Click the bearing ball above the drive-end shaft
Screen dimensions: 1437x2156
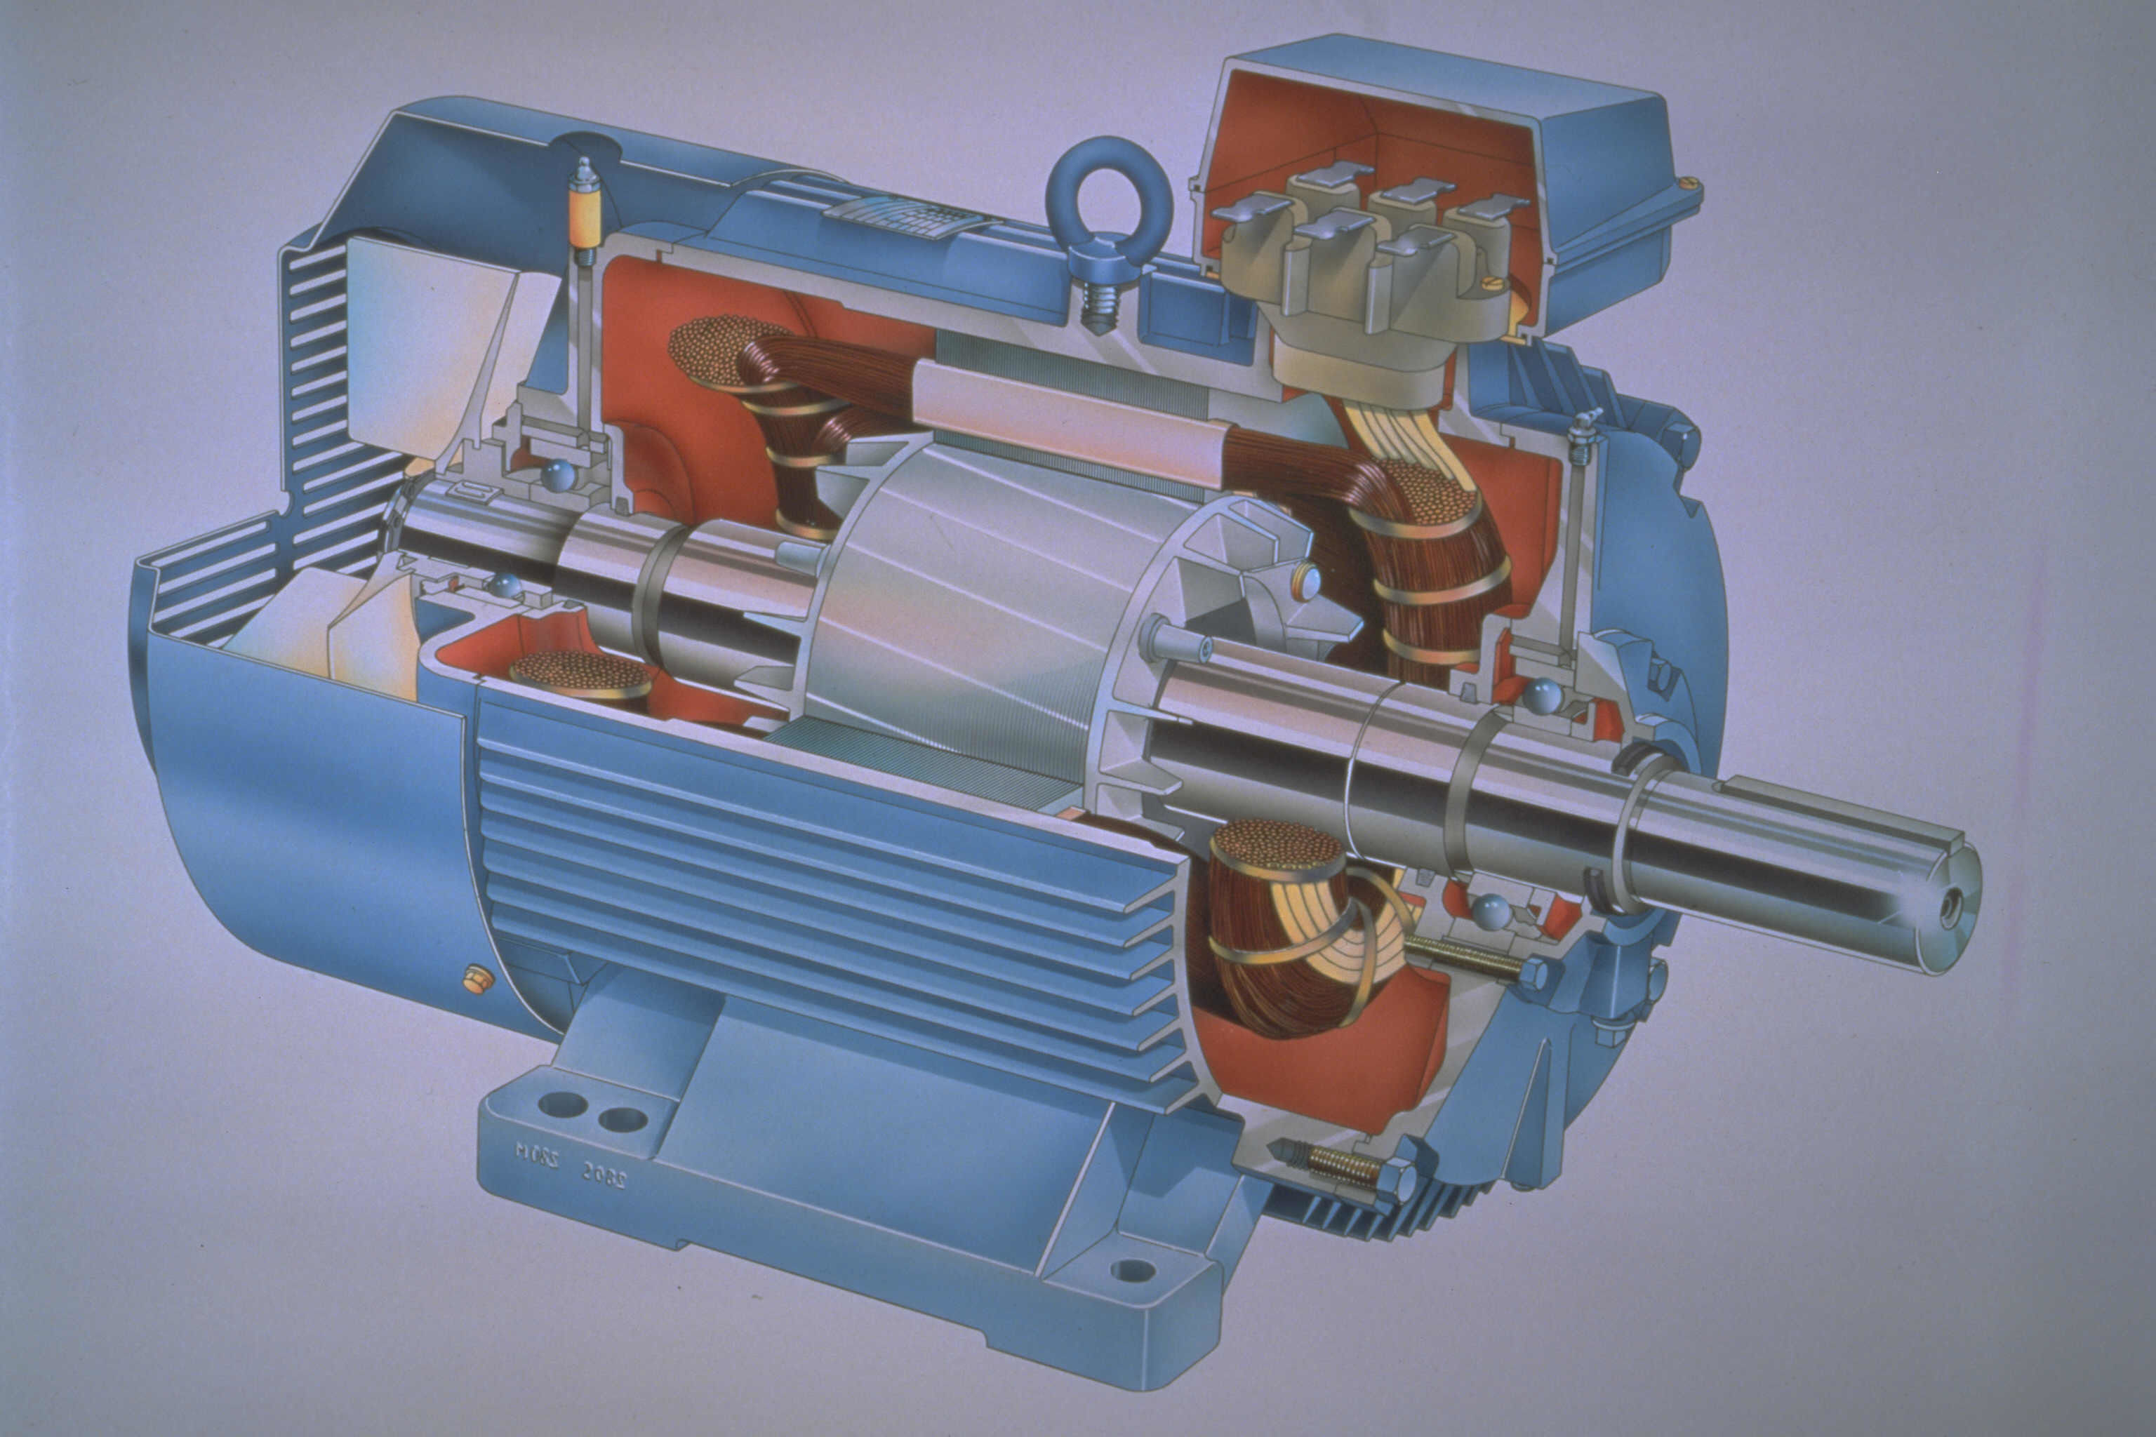1543,695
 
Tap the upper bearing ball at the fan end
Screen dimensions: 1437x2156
557,476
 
